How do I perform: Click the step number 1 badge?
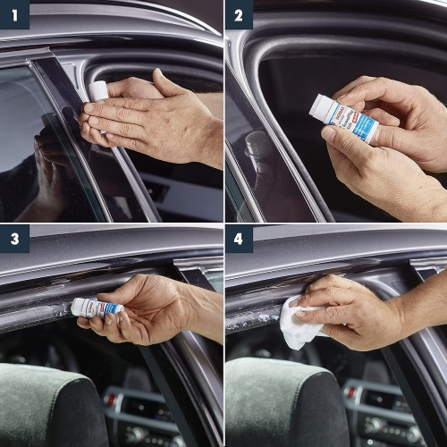tap(15, 15)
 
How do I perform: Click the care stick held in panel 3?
tap(96, 307)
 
